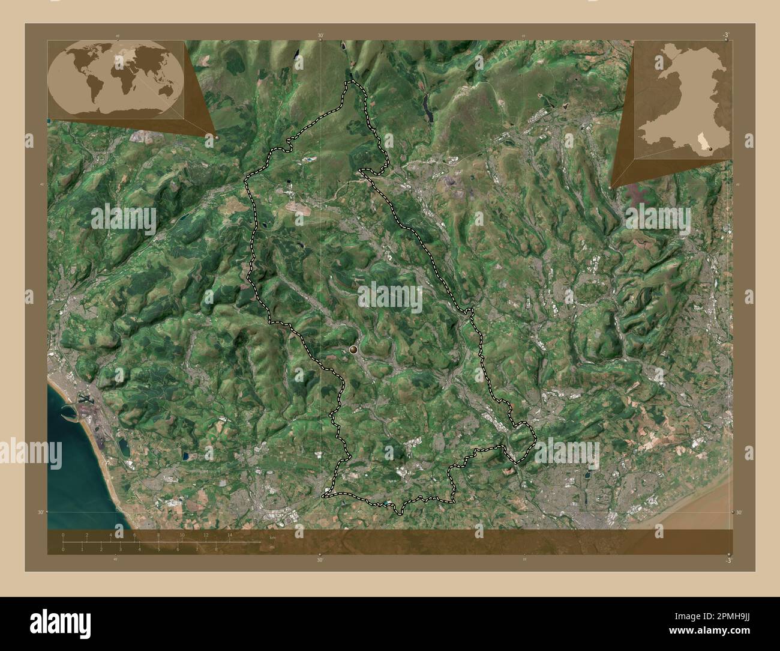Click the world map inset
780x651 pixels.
pos(115,80)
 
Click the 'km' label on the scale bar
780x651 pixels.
pos(272,537)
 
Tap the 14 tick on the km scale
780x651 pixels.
pos(230,534)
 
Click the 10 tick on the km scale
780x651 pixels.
pos(182,534)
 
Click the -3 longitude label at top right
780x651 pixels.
pos(725,35)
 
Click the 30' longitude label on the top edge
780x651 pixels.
pos(320,36)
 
